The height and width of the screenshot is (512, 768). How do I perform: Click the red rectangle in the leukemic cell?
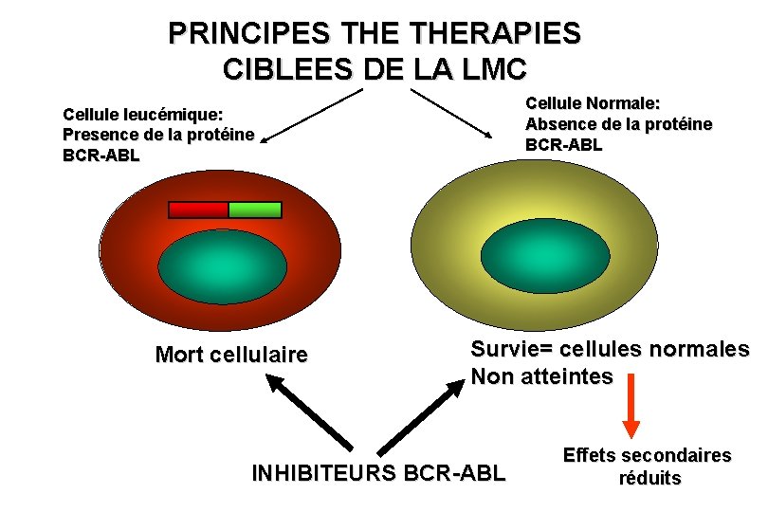click(x=198, y=210)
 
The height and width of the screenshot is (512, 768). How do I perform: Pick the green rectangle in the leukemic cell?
click(x=255, y=210)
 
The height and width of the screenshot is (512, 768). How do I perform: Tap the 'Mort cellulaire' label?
click(x=231, y=356)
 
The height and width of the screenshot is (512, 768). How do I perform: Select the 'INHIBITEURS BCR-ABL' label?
click(x=378, y=472)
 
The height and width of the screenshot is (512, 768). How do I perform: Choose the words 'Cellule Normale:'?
click(x=593, y=103)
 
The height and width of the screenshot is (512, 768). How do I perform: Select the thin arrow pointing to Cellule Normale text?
click(x=455, y=114)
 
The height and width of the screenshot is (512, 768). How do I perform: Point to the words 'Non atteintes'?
click(x=541, y=376)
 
